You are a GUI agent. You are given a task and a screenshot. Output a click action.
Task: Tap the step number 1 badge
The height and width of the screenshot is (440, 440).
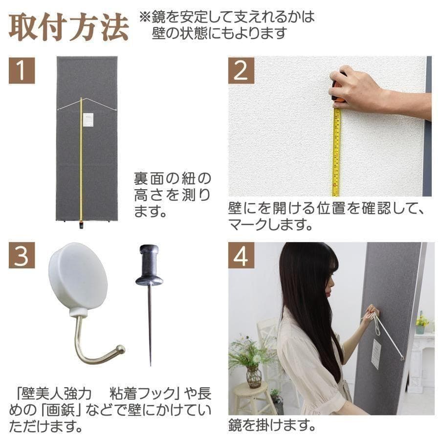[x=22, y=70]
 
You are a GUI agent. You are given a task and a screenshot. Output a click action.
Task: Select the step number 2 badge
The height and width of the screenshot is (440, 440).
[x=241, y=70]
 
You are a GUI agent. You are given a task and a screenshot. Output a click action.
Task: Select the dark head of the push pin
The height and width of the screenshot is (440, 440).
[x=149, y=264]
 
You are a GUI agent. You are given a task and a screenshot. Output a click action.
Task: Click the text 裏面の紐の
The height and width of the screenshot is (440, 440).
[x=173, y=178]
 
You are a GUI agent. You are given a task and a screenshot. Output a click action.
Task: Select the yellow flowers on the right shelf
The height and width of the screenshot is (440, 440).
[x=421, y=320]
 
